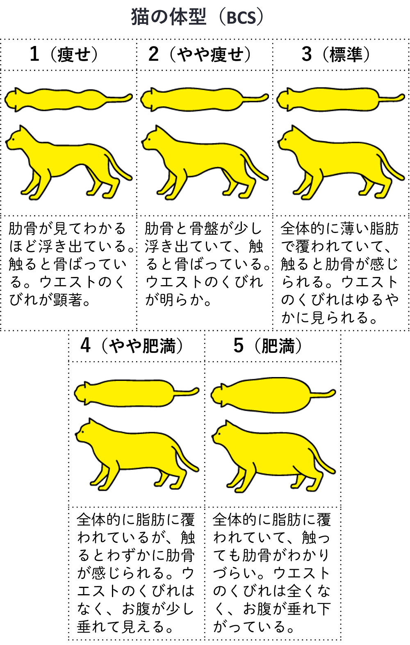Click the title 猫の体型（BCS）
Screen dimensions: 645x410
tap(197, 17)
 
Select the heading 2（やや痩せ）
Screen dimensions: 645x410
tap(200, 54)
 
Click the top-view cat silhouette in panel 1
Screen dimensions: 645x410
tap(61, 99)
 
